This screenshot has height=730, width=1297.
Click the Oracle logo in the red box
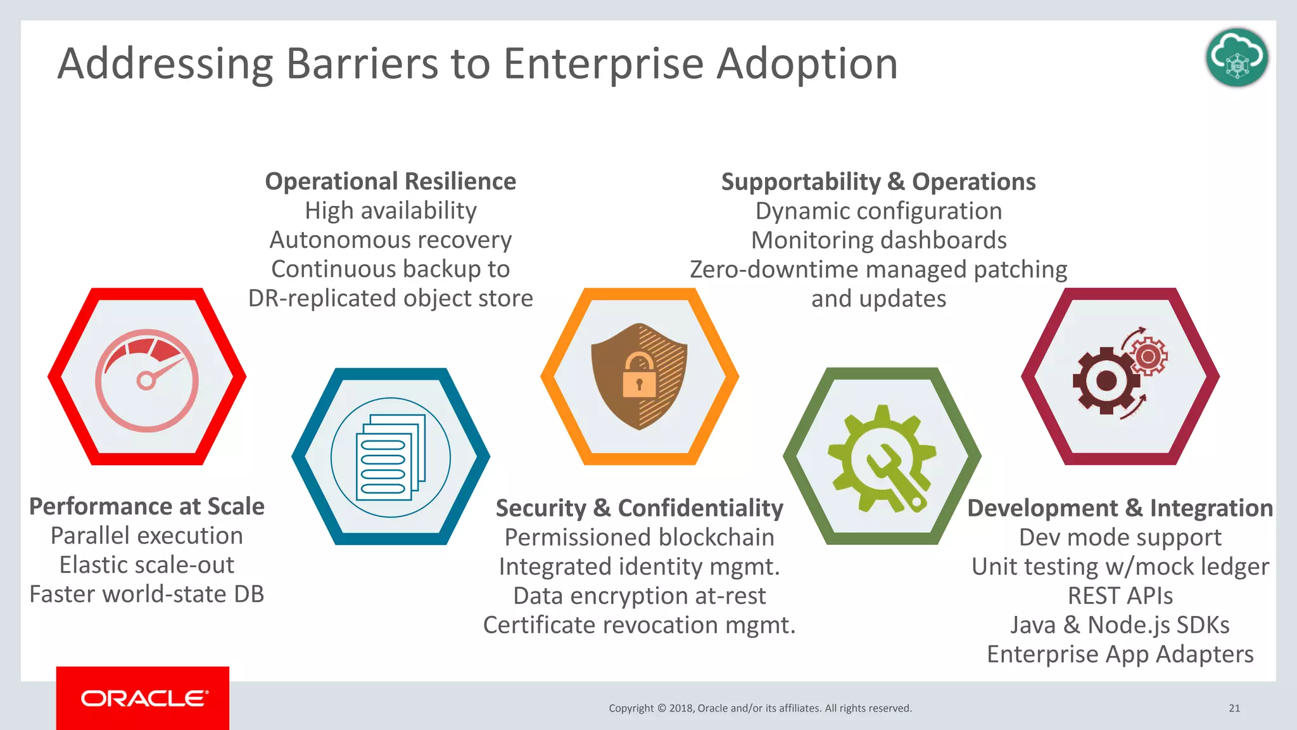pos(144,698)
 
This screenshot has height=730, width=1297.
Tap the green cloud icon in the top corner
pos(1237,58)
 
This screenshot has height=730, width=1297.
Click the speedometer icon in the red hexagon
pos(147,380)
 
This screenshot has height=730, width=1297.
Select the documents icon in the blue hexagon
pos(391,458)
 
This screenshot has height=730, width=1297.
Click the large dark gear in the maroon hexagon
pos(1106,381)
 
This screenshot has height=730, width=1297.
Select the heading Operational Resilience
pos(390,181)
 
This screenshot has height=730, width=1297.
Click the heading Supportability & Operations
pos(878,182)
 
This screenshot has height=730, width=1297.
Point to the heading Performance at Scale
pos(147,506)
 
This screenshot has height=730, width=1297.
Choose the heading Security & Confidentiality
pos(639,508)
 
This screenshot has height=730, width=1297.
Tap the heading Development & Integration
pos(1120,508)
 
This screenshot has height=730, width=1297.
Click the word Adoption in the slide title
pos(807,64)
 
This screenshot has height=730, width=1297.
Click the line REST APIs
pos(1120,596)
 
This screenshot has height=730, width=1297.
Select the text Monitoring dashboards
pos(878,240)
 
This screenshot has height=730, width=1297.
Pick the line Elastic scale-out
pos(147,565)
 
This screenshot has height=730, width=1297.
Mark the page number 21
pos(1234,708)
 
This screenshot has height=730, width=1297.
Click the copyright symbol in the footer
pos(662,708)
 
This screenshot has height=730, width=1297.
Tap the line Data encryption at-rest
pos(639,596)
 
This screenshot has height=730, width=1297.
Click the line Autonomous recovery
pos(390,240)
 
